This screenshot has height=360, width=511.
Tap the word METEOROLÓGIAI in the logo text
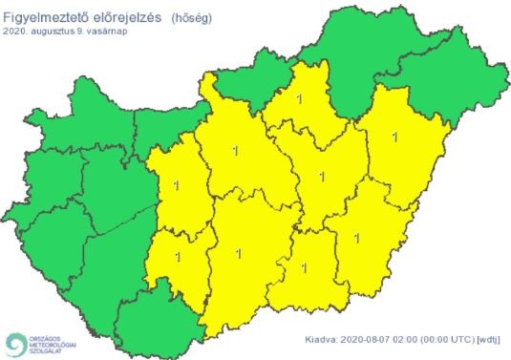point(53,345)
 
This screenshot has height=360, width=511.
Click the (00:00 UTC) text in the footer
point(445,338)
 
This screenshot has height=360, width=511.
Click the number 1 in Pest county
point(236,149)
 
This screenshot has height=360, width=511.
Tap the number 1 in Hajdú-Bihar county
point(394,136)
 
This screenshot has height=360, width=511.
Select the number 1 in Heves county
point(302,96)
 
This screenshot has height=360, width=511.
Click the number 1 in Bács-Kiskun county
point(236,253)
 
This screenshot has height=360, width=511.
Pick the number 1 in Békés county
point(356,239)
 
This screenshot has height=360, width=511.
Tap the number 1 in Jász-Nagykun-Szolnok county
point(322,176)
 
